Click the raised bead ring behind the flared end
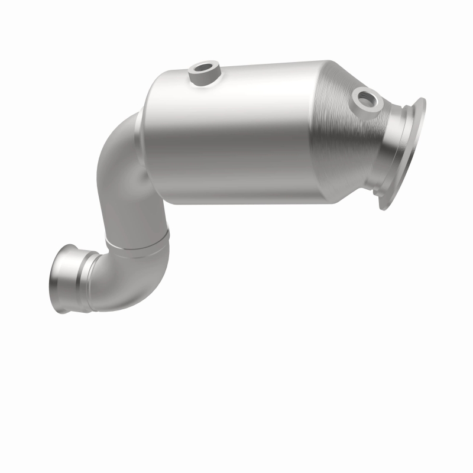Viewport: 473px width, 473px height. [x=89, y=278]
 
